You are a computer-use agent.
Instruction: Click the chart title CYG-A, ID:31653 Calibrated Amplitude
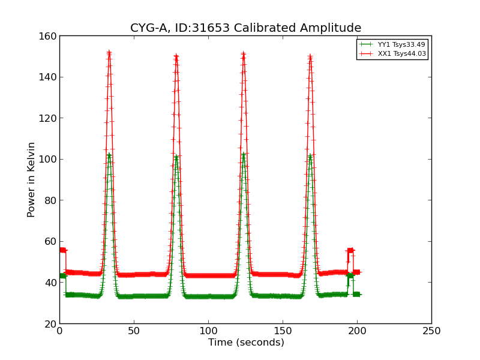click(x=245, y=28)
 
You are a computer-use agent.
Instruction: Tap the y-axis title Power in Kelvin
click(x=31, y=179)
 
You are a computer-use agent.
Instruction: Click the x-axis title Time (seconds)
click(x=246, y=343)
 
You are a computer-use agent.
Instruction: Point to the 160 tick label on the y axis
click(x=50, y=36)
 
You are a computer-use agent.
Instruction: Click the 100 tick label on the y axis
click(x=50, y=159)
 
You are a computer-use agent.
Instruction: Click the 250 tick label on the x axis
click(x=431, y=331)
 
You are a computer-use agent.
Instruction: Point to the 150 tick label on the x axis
click(x=283, y=331)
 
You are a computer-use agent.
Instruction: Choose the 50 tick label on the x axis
click(x=134, y=331)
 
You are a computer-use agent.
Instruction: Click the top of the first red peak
click(x=109, y=52)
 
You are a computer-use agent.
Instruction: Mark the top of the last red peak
click(x=310, y=56)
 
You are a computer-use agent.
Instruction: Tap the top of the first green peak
click(x=109, y=155)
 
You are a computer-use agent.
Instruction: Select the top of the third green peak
click(x=243, y=154)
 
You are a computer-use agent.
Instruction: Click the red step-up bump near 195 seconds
click(x=350, y=250)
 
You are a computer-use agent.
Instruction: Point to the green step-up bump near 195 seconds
click(x=350, y=275)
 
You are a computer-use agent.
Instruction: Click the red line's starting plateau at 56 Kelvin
click(x=62, y=250)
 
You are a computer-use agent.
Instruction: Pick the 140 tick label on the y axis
click(x=50, y=77)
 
